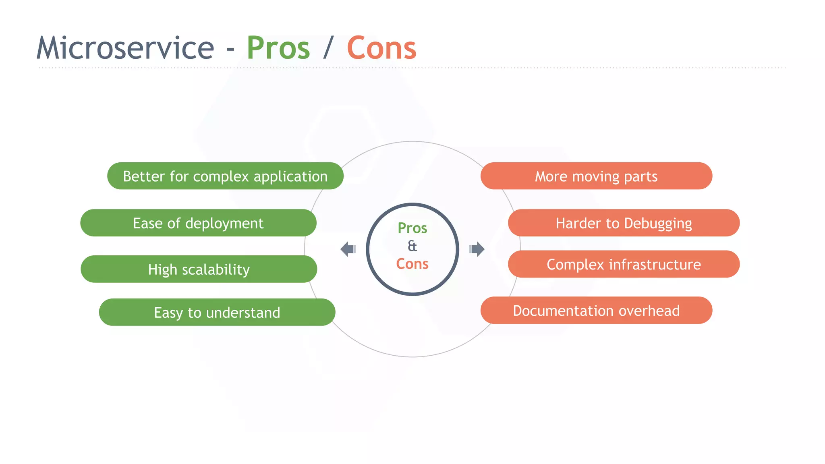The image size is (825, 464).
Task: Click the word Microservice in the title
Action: pyautogui.click(x=125, y=48)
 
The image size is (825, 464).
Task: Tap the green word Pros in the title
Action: pyautogui.click(x=278, y=48)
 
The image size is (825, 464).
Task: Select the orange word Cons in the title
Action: pyautogui.click(x=381, y=48)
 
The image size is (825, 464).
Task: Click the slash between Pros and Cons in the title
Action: pyautogui.click(x=328, y=48)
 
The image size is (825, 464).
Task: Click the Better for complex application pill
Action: pyautogui.click(x=225, y=176)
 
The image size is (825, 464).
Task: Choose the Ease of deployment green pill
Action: pyautogui.click(x=198, y=223)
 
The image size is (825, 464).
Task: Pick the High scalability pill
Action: pyautogui.click(x=199, y=269)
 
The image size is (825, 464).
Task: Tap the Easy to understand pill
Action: pyautogui.click(x=217, y=312)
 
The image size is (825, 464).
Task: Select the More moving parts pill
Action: pyautogui.click(x=596, y=176)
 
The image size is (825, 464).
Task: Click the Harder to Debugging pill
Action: pyautogui.click(x=624, y=223)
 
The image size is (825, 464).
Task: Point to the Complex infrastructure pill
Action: pyautogui.click(x=624, y=264)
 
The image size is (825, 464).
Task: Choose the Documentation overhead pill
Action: pyautogui.click(x=596, y=311)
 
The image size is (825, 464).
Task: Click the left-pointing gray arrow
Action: pyautogui.click(x=348, y=249)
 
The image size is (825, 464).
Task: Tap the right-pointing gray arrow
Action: pyautogui.click(x=477, y=249)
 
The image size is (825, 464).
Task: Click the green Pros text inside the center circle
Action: pyautogui.click(x=412, y=228)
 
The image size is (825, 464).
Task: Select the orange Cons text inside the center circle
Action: pyautogui.click(x=412, y=264)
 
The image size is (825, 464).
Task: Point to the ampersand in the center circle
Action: pyautogui.click(x=412, y=246)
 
